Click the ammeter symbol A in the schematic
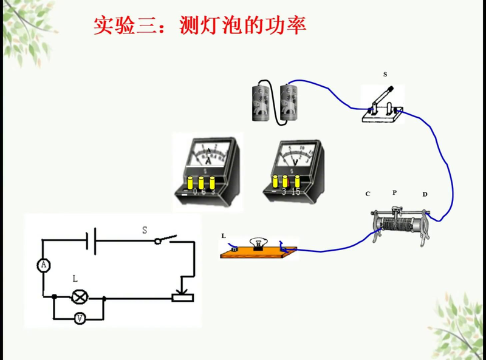coord(43,265)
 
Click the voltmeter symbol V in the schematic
coord(79,318)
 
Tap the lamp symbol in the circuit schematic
coord(79,297)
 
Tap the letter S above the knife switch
coord(385,74)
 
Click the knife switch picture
coord(383,107)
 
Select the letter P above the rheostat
coord(395,192)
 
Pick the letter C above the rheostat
coord(368,194)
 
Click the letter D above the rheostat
coord(425,194)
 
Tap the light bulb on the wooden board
coord(258,240)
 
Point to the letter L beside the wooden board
coord(224,235)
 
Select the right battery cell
coord(289,103)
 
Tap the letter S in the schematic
coord(145,230)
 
